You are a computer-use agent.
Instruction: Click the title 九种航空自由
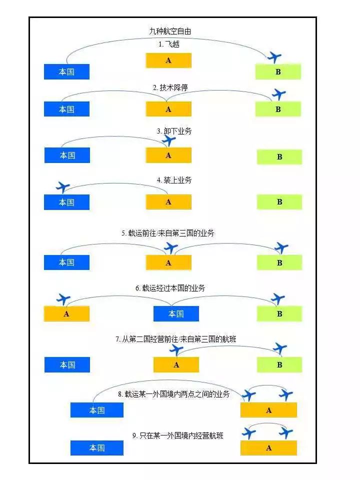tap(169, 31)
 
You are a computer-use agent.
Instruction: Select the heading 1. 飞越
tap(169, 44)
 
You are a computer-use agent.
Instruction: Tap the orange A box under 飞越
tap(168, 60)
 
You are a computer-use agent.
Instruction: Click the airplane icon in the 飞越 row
tap(274, 56)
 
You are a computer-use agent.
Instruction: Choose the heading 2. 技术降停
tap(170, 87)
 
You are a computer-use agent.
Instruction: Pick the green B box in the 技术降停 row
tap(278, 109)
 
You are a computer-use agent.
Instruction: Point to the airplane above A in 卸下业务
tap(169, 140)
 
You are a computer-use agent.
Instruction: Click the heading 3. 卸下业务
tap(173, 131)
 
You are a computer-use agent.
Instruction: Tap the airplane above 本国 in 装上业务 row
tap(63, 187)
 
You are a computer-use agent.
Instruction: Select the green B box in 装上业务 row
tap(279, 202)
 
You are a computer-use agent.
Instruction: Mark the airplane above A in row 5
tap(171, 247)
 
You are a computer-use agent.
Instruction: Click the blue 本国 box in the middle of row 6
tap(176, 313)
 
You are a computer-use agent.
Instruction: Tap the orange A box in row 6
tap(66, 314)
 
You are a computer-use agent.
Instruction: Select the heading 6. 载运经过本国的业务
tap(170, 288)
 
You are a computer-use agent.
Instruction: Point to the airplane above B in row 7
tap(280, 348)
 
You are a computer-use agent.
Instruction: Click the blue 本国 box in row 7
tap(67, 365)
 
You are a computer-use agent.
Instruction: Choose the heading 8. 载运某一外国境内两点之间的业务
tap(173, 394)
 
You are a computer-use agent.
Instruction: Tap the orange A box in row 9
tap(268, 448)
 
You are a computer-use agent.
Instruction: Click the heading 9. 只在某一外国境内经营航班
tap(177, 435)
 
